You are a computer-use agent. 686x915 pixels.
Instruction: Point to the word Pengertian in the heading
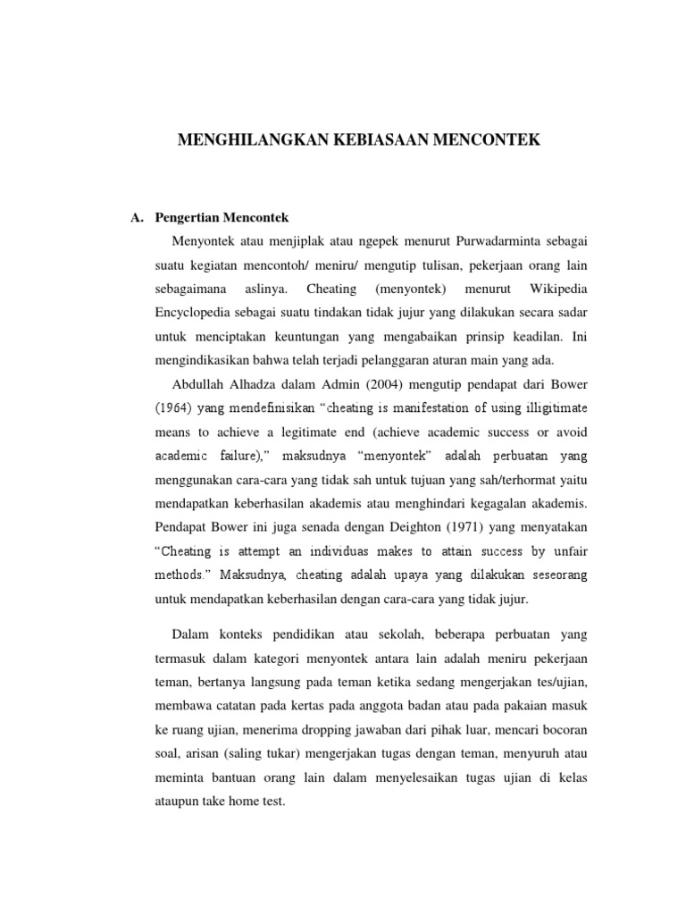coord(188,217)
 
